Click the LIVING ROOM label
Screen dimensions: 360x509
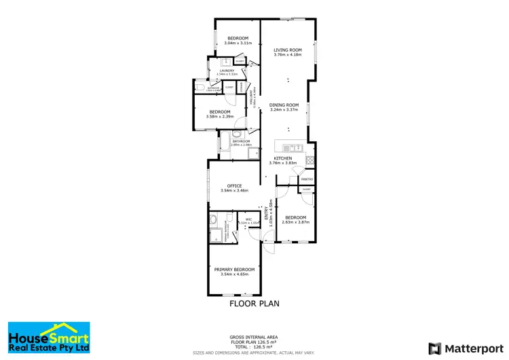287,50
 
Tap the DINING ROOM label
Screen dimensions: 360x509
284,105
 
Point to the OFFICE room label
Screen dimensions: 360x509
234,185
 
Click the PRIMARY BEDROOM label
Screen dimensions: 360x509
235,270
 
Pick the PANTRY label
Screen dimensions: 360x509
306,179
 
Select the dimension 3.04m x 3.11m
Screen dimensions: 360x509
238,43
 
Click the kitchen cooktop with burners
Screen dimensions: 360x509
309,161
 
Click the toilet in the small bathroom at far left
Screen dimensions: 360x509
196,88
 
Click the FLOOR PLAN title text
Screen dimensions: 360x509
254,304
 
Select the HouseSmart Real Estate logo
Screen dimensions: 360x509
48,337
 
